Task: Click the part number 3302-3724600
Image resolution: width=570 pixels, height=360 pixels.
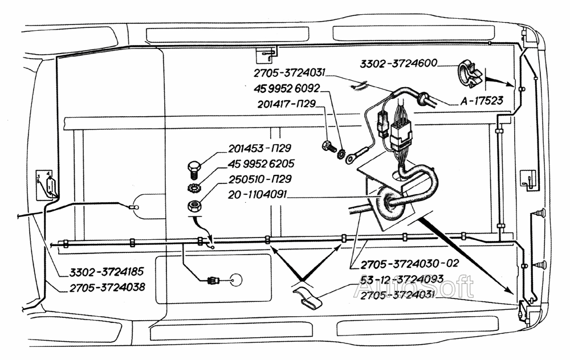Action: click(x=397, y=64)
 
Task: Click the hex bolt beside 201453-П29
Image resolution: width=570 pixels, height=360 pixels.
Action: click(x=194, y=169)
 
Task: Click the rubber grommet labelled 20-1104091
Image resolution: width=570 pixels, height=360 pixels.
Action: click(x=390, y=202)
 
